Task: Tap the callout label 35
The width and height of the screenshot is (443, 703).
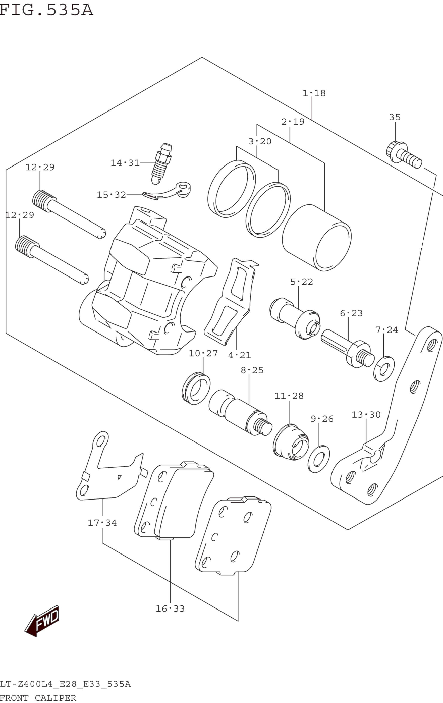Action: (x=395, y=117)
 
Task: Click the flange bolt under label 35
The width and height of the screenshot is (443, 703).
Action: (x=403, y=155)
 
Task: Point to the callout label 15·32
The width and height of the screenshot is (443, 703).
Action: (x=111, y=194)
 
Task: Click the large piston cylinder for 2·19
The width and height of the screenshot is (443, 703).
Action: (x=317, y=237)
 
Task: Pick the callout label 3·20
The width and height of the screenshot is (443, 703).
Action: (x=260, y=141)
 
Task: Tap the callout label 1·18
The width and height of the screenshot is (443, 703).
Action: (x=314, y=93)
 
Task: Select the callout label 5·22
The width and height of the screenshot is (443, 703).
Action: (x=302, y=282)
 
